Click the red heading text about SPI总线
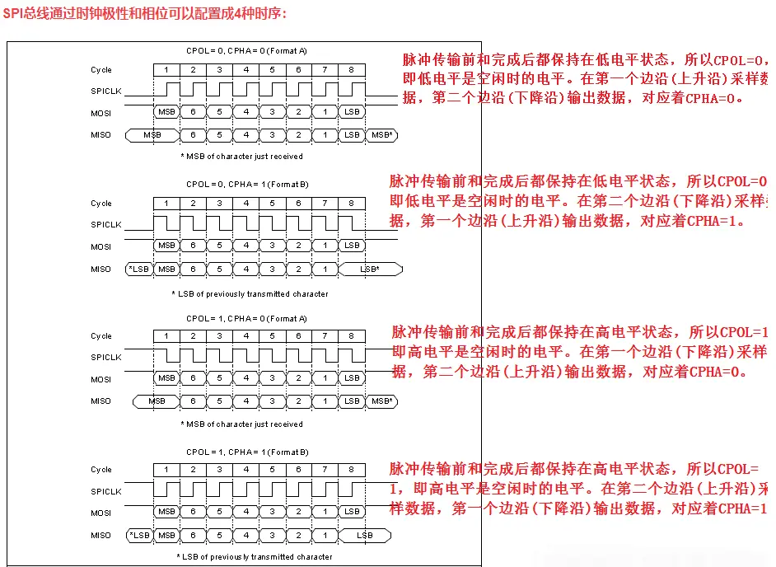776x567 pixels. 146,14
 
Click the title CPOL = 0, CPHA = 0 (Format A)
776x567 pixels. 247,50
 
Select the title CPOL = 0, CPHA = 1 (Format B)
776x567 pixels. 247,184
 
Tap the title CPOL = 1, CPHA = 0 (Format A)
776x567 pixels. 247,318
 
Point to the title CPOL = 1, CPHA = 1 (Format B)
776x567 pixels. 247,452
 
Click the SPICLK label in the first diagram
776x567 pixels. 105,91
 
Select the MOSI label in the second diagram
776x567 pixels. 101,246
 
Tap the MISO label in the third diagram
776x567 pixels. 101,401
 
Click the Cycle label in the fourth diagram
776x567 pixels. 101,470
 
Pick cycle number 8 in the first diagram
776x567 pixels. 352,70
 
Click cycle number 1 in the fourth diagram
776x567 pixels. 166,470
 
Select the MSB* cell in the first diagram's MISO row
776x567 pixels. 381,134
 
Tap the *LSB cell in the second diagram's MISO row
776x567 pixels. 139,269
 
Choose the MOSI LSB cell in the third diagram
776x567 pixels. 352,378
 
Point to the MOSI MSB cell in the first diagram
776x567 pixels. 166,112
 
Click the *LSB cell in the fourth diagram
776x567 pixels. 139,536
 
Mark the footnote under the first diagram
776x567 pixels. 241,157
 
